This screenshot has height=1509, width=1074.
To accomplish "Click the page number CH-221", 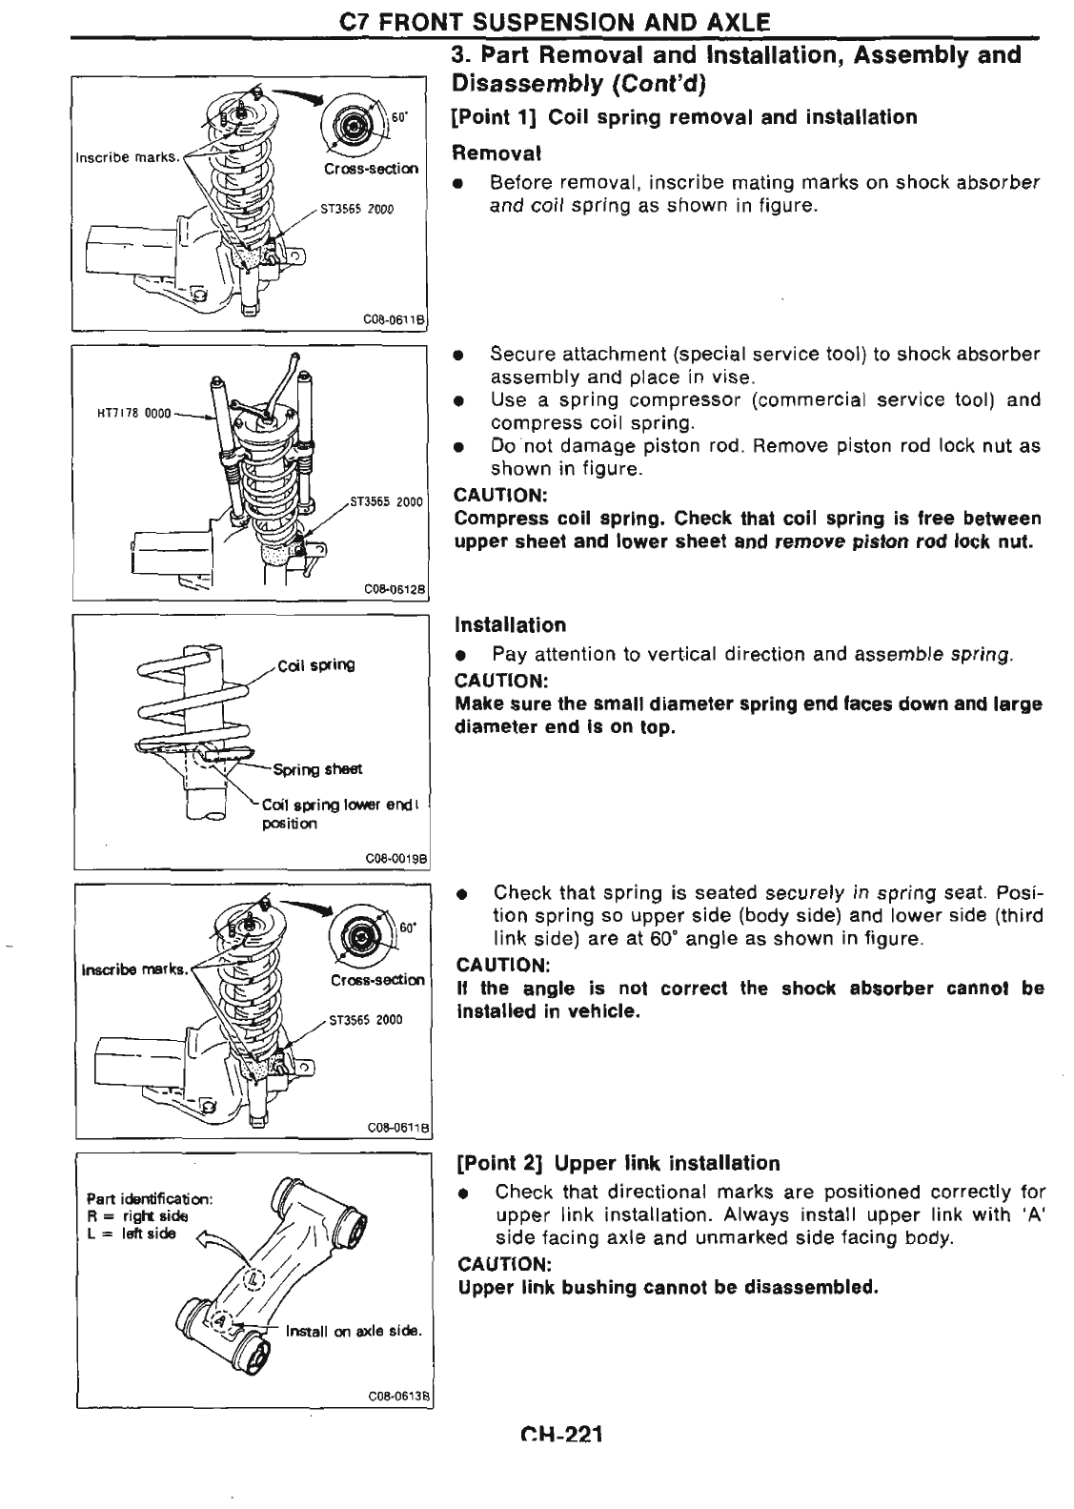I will coord(562,1437).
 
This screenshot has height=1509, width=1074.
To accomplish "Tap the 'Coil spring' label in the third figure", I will coord(315,665).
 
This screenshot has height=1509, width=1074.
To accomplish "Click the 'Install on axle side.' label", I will coord(354,1331).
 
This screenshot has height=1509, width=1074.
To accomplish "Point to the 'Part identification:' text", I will coord(149,1198).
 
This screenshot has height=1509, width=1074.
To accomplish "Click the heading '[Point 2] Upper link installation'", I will coord(618,1163).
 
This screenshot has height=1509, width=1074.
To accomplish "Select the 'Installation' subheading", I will coord(510,625).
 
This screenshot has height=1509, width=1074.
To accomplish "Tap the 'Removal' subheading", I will coord(496,153).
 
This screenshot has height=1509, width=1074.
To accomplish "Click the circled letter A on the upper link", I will coord(222,1320).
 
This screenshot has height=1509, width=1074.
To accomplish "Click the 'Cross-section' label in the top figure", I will coord(371,169).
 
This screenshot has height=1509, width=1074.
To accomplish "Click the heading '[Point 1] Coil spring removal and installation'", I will coord(685,117).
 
